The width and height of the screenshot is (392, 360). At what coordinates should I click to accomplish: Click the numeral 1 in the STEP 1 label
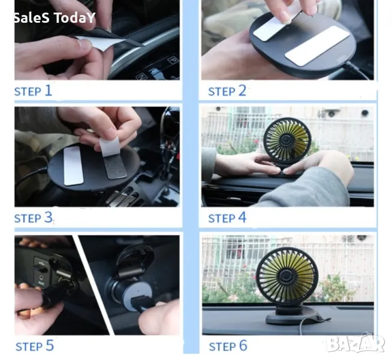(x=49, y=91)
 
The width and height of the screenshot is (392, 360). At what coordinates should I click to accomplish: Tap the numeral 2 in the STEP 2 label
(x=242, y=91)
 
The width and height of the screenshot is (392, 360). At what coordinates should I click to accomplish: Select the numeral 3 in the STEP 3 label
(x=49, y=217)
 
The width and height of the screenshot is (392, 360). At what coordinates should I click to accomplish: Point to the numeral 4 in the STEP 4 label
(x=242, y=217)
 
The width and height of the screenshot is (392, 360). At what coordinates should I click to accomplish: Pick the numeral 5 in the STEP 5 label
(x=50, y=346)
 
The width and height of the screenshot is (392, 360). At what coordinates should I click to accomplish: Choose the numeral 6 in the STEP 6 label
(x=243, y=346)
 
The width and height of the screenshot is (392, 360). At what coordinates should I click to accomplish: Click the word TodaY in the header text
(x=74, y=18)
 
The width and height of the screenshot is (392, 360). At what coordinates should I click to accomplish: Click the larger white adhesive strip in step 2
(x=317, y=46)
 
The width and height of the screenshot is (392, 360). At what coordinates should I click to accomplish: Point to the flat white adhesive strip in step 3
(x=73, y=166)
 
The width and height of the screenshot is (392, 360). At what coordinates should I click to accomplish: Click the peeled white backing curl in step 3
(x=108, y=146)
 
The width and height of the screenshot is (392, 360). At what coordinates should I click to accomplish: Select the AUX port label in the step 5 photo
(x=41, y=283)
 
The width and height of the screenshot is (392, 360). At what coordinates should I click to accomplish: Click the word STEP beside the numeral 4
(x=222, y=218)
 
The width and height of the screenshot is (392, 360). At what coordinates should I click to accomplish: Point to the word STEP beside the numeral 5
(x=29, y=347)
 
